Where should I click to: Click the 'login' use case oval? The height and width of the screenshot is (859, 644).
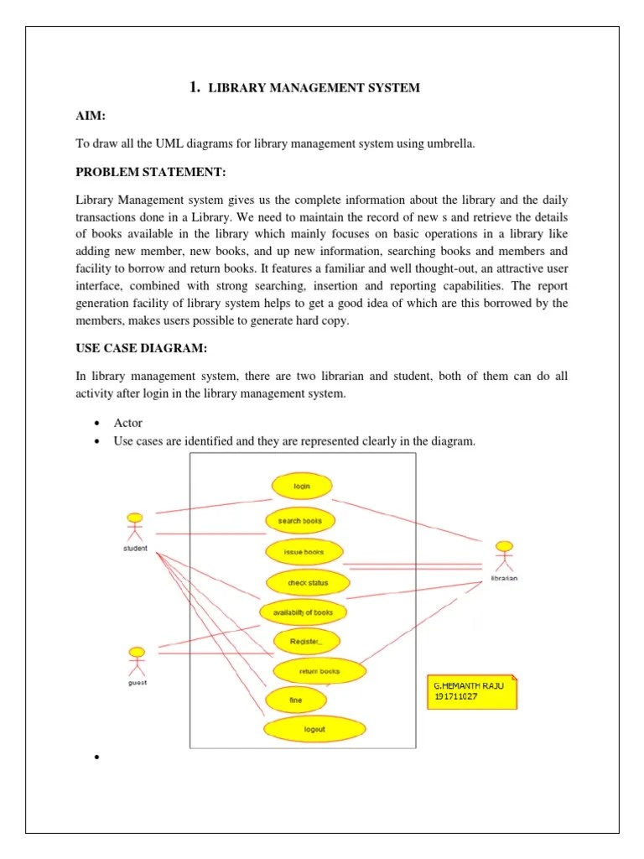click(x=302, y=487)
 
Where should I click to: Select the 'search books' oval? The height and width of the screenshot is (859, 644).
click(x=300, y=521)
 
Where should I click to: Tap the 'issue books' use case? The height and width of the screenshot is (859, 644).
click(x=304, y=552)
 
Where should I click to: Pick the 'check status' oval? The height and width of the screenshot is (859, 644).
click(x=308, y=583)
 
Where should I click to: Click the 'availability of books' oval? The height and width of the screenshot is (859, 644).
click(x=303, y=612)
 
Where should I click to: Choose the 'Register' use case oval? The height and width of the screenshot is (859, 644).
click(x=305, y=642)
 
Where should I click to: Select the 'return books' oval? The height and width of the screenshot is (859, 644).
click(x=319, y=671)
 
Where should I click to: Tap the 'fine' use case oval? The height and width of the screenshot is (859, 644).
click(x=295, y=700)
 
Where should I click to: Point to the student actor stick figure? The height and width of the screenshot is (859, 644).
click(x=134, y=527)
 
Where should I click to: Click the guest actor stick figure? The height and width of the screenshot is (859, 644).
click(x=136, y=661)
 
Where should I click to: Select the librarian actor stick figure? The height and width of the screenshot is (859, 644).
click(x=503, y=558)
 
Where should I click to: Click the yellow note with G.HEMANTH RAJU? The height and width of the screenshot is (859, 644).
click(x=472, y=691)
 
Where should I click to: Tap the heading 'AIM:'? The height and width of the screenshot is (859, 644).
click(x=91, y=114)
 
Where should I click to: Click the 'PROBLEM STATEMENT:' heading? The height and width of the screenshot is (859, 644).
click(x=152, y=173)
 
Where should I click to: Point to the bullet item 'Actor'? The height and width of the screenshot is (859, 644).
click(x=128, y=423)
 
